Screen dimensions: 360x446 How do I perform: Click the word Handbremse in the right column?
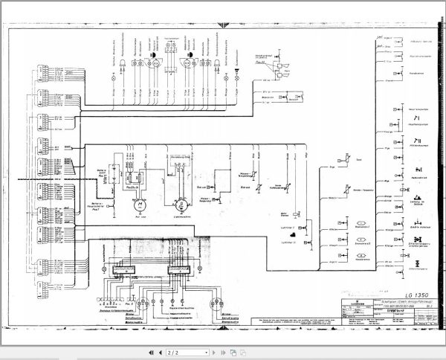pyautogui.click(x=416, y=73)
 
